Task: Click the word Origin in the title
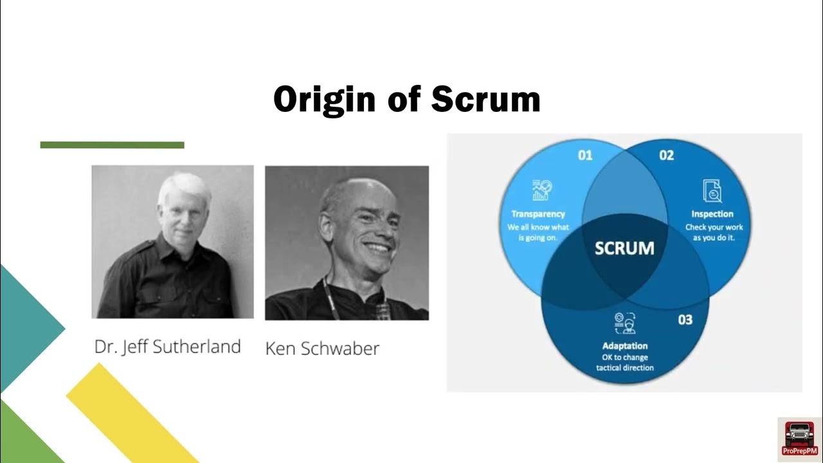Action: point(323,100)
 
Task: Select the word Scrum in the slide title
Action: point(485,100)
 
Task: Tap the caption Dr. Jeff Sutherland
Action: point(167,347)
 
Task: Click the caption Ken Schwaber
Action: point(322,349)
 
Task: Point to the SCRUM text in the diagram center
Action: point(624,248)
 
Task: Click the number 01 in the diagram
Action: point(584,155)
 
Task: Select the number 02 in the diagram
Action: point(666,155)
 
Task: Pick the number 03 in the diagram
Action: point(685,319)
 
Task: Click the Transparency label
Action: point(538,214)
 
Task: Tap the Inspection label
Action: point(712,214)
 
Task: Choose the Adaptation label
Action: point(624,346)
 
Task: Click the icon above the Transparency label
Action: point(540,190)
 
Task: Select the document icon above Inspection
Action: point(712,190)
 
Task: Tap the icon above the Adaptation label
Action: point(624,322)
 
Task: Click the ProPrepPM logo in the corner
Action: point(799,439)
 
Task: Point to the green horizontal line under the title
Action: point(112,145)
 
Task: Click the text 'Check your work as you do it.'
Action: point(713,232)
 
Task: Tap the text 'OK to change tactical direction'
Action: point(624,363)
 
